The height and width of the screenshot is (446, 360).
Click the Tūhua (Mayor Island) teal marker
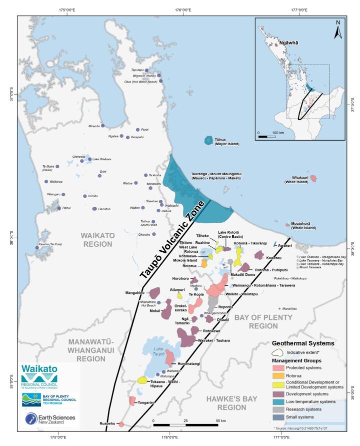[208, 141]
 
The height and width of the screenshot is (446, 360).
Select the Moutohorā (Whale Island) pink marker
[287, 225]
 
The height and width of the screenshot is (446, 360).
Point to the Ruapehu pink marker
[121, 424]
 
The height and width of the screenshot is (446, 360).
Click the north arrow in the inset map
[337, 30]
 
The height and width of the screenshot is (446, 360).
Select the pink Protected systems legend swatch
[277, 368]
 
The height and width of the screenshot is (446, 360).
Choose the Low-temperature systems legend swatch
[277, 401]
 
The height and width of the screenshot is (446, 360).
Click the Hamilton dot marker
[94, 209]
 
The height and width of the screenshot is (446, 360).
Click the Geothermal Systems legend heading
[303, 343]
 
